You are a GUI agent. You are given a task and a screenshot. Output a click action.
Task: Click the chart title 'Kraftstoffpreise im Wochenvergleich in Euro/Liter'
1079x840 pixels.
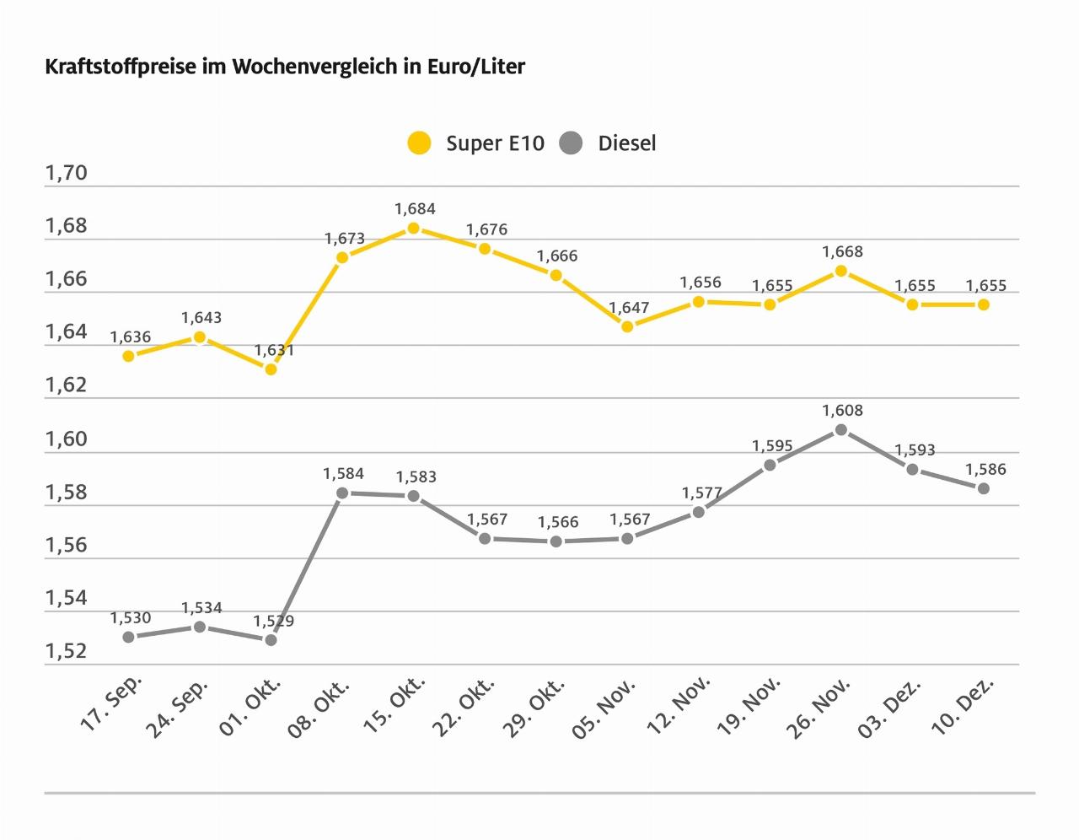point(285,67)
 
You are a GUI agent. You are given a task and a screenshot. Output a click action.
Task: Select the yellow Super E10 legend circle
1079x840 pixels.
point(418,143)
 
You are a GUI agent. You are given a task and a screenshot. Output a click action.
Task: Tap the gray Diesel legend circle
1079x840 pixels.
point(571,143)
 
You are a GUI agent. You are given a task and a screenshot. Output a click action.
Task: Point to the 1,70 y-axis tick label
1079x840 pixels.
point(66,174)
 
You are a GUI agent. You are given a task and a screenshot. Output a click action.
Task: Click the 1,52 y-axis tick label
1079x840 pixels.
point(66,651)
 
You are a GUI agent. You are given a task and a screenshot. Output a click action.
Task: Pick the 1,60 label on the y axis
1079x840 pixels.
point(66,439)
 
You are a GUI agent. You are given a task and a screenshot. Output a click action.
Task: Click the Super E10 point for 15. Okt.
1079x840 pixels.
point(413,228)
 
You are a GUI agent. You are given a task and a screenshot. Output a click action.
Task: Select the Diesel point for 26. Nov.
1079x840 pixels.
point(840,430)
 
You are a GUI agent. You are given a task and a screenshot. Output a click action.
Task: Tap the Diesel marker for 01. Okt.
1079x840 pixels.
point(271,640)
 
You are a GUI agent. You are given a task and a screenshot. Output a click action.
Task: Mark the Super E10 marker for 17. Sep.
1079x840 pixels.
point(128,356)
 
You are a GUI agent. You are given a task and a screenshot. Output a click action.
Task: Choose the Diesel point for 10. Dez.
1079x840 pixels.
point(983,488)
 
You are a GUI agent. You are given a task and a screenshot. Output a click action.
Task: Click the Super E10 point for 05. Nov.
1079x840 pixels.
point(627,326)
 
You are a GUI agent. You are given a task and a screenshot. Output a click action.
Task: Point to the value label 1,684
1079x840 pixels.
point(415,209)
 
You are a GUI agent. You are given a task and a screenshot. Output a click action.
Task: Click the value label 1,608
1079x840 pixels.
point(842,411)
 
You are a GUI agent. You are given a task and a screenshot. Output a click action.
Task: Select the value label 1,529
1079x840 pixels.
point(274,622)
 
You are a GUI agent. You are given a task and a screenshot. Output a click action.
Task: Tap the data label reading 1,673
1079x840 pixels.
point(345,239)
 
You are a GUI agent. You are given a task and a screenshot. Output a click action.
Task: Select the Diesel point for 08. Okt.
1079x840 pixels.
point(342,493)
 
